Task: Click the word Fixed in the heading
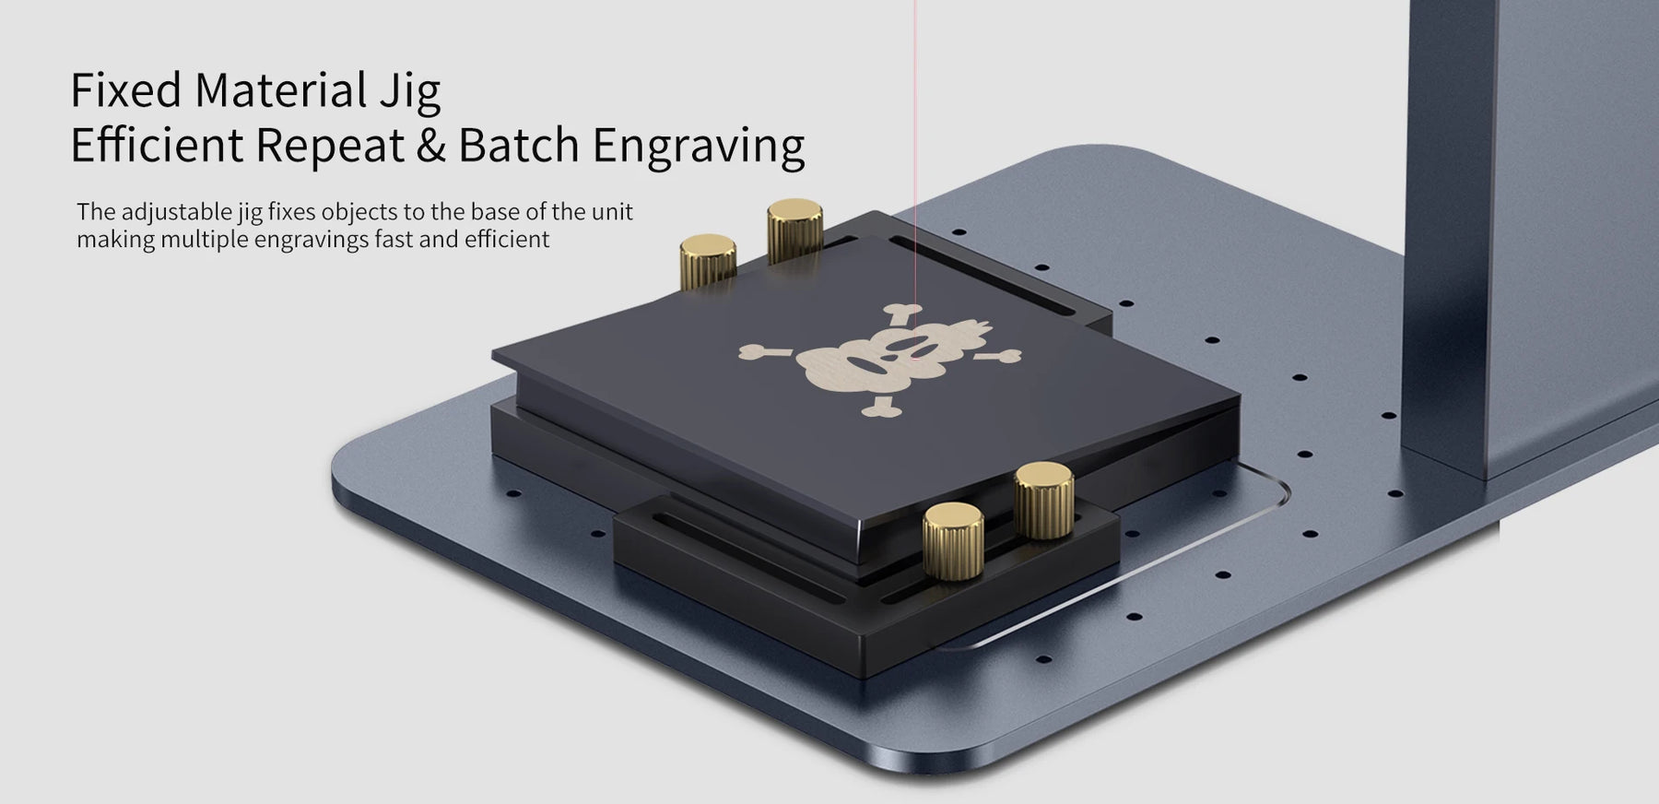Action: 125,90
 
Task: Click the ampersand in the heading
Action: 430,146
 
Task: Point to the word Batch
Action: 519,145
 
